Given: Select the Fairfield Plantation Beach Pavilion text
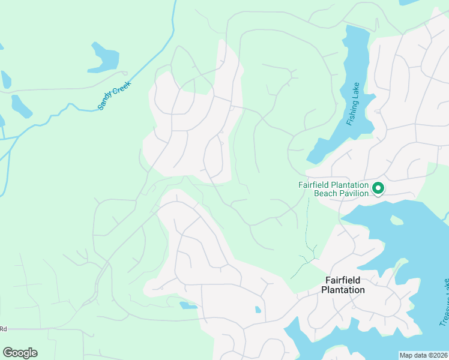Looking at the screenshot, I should coord(333,189).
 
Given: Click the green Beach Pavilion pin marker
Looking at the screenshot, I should coord(378,188).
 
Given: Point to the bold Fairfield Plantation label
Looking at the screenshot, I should coord(343,285).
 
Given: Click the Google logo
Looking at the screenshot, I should coord(20,353).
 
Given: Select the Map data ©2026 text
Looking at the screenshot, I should coord(423,355).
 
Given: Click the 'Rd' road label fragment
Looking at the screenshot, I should coord(3,329).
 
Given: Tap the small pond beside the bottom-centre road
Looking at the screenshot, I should coord(188,305).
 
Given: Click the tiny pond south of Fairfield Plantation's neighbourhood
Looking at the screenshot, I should coord(258,310).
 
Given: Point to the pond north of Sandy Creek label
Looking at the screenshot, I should coord(104,56).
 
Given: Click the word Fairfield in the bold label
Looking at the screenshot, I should coord(343,280).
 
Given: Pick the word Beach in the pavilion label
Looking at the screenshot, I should coord(324,194).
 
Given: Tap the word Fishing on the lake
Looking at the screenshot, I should coord(352,113).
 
